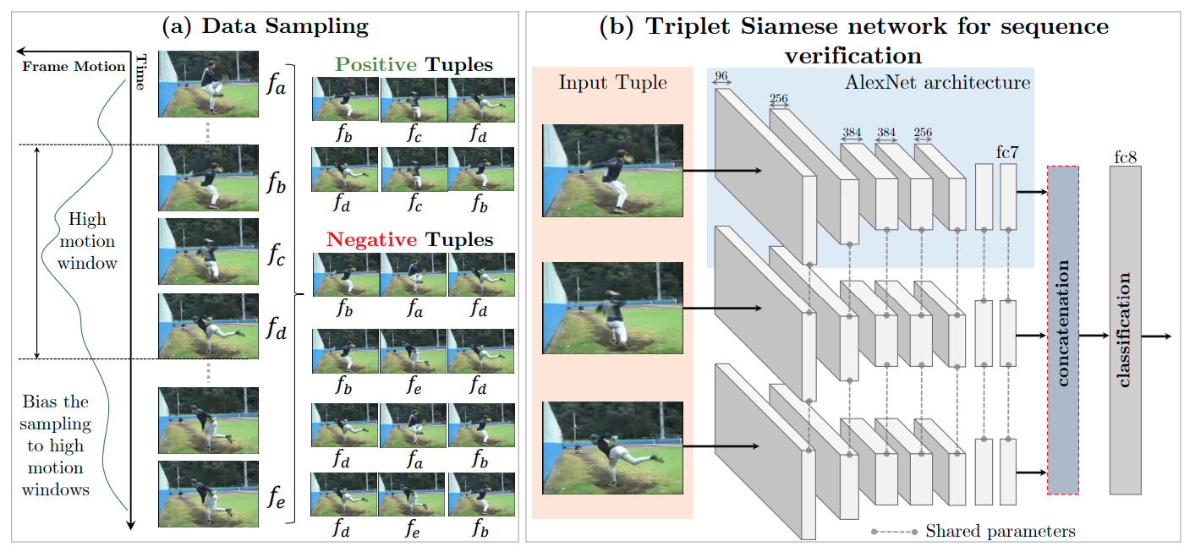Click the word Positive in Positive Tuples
[375, 64]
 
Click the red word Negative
[371, 239]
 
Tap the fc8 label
[1125, 156]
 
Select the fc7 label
[1007, 152]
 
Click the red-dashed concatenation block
[1063, 331]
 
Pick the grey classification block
[1125, 331]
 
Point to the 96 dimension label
[721, 76]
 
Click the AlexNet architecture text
[937, 82]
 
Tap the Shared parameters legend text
[1000, 531]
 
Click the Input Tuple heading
[612, 82]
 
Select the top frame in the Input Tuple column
[612, 171]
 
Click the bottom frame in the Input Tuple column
[612, 448]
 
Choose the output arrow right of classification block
[1157, 336]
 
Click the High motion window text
[87, 241]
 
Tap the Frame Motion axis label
[74, 66]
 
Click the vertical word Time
[140, 72]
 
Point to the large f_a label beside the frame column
[276, 84]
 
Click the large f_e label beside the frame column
[276, 498]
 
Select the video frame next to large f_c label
[209, 251]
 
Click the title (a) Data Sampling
[266, 26]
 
